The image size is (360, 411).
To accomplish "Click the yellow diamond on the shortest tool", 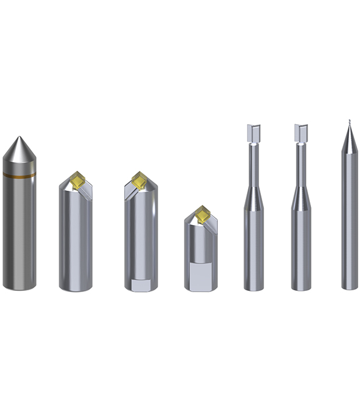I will tap(202, 216).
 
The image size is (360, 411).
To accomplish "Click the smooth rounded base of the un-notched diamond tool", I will tap(76, 286).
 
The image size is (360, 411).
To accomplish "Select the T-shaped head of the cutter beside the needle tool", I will tap(301, 132).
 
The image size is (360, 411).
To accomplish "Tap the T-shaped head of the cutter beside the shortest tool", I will tap(253, 132).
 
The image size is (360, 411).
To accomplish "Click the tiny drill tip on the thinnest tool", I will tap(348, 123).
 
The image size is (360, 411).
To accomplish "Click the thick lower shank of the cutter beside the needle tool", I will tap(301, 251).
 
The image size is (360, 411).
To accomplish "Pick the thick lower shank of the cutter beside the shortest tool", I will tap(253, 251).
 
